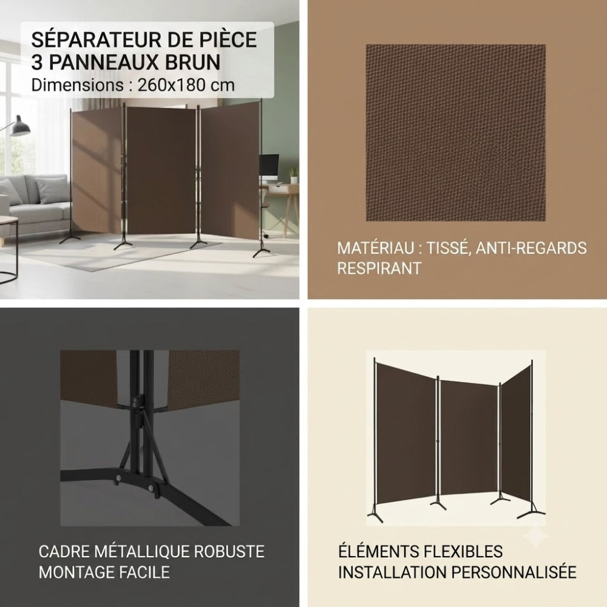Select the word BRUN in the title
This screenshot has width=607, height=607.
[x=193, y=63]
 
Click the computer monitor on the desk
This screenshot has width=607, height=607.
[x=269, y=165]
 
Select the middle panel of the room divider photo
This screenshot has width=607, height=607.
[x=161, y=171]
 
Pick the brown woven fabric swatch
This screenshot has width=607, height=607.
[x=456, y=133]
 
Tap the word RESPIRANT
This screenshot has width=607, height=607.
[x=379, y=268]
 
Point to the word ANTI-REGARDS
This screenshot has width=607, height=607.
[x=531, y=248]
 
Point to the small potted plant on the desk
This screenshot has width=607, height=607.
[x=294, y=175]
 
